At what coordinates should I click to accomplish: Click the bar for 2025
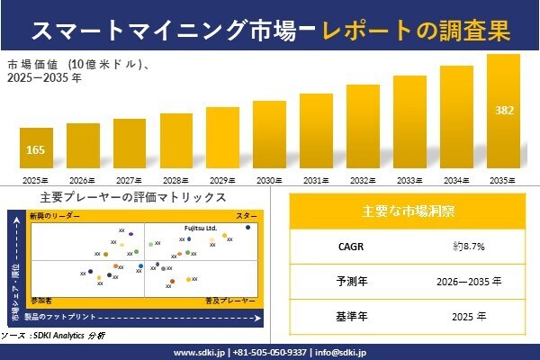[x=36, y=149]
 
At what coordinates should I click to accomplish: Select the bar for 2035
[x=503, y=112]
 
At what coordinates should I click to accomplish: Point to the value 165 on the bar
[x=36, y=148]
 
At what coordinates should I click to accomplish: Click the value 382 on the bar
[x=505, y=110]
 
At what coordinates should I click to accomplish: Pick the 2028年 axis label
[x=176, y=180]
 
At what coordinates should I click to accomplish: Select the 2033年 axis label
[x=409, y=180]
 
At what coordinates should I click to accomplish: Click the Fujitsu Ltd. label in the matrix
[x=201, y=228]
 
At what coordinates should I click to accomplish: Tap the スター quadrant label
[x=246, y=217]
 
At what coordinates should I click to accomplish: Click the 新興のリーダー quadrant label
[x=55, y=217]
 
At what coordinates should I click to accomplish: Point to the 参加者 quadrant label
[x=41, y=297]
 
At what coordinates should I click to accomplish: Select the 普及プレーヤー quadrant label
[x=231, y=297]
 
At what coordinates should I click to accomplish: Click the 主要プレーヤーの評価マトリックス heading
[x=133, y=197]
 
